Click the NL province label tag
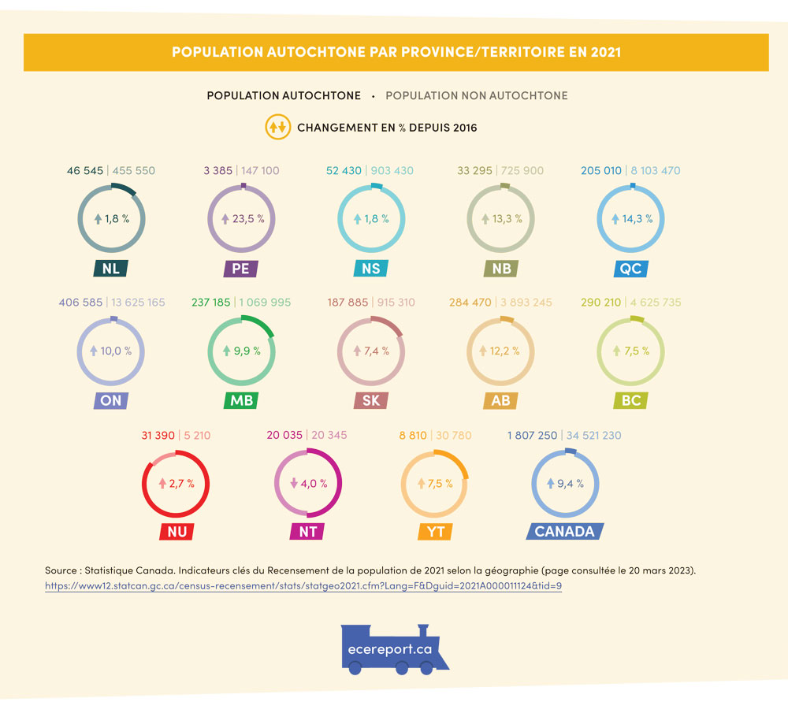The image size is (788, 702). [x=111, y=268]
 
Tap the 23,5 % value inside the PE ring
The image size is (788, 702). [x=247, y=219]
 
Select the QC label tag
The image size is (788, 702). [x=630, y=268]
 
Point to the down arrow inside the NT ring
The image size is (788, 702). [x=293, y=483]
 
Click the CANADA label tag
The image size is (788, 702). [x=564, y=531]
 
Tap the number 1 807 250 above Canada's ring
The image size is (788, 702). [x=533, y=435]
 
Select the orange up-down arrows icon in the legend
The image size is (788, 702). [x=277, y=127]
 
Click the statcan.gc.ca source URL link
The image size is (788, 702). [x=303, y=587]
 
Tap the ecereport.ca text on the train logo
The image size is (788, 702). [x=390, y=649]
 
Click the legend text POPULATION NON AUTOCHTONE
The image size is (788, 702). [x=476, y=95]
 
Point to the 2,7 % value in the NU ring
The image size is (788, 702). [x=182, y=483]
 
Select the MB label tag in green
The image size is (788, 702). [x=240, y=400]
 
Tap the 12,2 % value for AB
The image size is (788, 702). [x=505, y=351]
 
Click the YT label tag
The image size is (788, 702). [x=436, y=531]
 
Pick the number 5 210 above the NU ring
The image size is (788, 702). [x=197, y=435]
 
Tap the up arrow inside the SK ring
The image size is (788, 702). [x=355, y=351]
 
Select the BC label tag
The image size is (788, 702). [x=630, y=400]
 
